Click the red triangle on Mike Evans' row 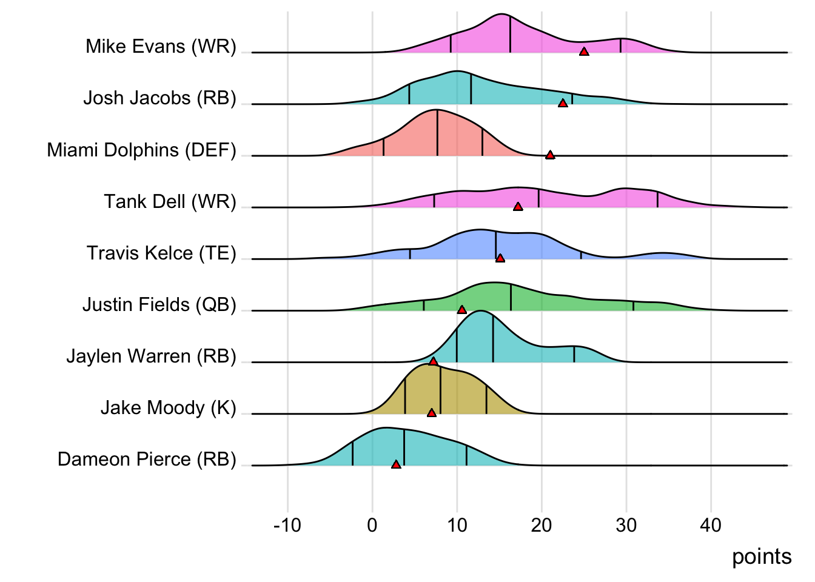coord(584,52)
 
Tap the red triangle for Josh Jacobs coord(563,104)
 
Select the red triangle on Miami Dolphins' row coord(550,155)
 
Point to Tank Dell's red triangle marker coord(518,207)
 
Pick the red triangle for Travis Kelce coord(500,258)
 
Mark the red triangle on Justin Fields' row coord(462,310)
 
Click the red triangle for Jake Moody coord(432,413)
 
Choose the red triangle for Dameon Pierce coord(396,465)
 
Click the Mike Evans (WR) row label coord(161,46)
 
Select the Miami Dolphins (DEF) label coord(141,150)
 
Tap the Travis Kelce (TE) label coord(161,253)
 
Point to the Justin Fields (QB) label coord(159,304)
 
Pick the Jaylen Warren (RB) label coord(151,356)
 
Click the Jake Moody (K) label coord(168,407)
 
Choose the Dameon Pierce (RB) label coord(147,459)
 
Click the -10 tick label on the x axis coord(287,525)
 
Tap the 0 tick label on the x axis coord(372,525)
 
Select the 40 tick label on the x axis coord(711,525)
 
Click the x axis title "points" coord(762,557)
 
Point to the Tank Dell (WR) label coord(170,201)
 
